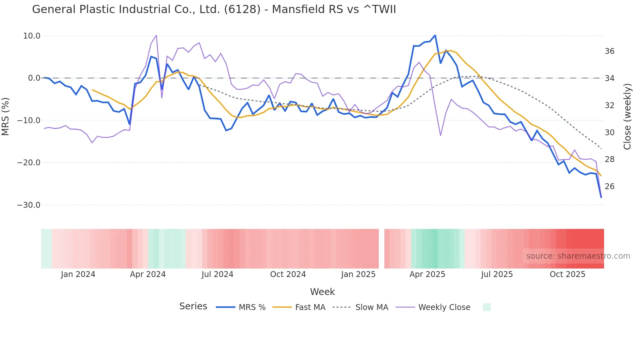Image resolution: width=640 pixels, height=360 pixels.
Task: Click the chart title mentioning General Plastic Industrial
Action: pos(214,9)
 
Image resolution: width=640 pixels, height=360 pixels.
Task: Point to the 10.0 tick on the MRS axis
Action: pos(32,36)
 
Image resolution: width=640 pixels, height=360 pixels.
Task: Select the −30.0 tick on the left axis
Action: pos(29,205)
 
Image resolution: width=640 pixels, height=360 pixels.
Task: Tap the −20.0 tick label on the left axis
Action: pos(29,163)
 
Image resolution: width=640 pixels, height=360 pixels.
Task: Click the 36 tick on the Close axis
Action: pos(609,51)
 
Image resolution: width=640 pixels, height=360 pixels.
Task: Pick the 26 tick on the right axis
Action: pos(609,187)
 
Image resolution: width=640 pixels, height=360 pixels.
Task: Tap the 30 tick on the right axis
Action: pos(609,133)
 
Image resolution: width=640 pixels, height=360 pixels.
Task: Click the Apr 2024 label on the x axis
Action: pos(148,274)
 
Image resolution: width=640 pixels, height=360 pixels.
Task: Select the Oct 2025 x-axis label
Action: pos(567,274)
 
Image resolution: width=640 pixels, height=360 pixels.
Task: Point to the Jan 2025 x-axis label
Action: pos(358,274)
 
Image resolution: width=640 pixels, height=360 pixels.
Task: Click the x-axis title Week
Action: pos(322,292)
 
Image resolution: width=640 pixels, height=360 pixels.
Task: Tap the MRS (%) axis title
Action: pos(6,116)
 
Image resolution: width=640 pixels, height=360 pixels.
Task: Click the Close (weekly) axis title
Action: pos(627,117)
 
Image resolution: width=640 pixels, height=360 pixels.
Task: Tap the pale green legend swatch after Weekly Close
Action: pos(487,307)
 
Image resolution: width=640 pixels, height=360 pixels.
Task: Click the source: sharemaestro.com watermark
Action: pos(578,256)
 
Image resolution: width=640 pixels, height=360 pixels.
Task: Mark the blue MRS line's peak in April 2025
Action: pos(435,35)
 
